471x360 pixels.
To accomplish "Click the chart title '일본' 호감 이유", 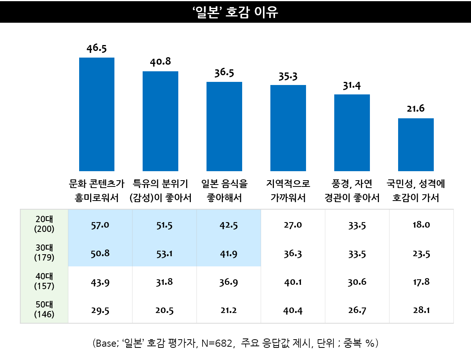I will click(x=235, y=11).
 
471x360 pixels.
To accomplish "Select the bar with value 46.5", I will click(x=97, y=114).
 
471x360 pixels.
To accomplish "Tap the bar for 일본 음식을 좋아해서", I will click(x=224, y=126).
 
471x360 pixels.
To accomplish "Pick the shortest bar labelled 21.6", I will click(x=416, y=145).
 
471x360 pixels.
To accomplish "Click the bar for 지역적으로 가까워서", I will click(x=288, y=128).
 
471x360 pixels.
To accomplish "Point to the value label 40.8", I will click(x=160, y=62).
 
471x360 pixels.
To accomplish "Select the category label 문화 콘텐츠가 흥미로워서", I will click(x=97, y=190).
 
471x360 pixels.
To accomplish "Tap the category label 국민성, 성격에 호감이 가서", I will click(x=416, y=190).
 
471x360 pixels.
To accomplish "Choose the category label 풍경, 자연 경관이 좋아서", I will click(x=352, y=190).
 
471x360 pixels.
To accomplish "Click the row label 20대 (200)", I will click(x=44, y=224).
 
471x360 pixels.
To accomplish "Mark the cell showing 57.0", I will click(x=100, y=225).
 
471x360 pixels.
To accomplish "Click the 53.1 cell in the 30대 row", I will click(x=164, y=253).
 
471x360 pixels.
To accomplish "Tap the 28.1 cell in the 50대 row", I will click(x=421, y=311).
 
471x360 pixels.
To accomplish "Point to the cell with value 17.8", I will click(x=421, y=282).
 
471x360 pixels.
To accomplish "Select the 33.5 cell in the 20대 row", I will click(x=357, y=225).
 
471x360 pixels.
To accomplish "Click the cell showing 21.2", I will click(x=228, y=311).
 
